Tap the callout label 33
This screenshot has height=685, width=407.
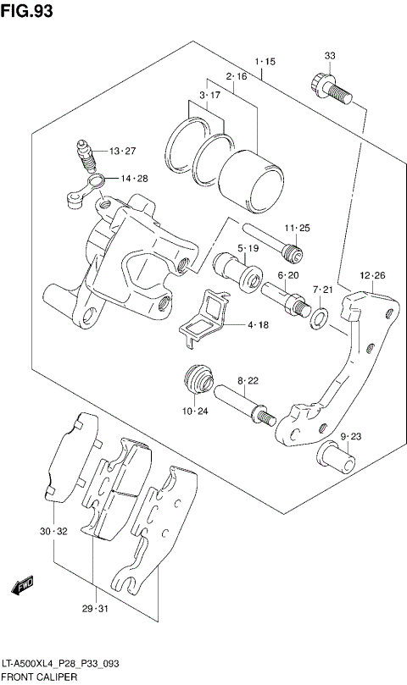[x=330, y=56]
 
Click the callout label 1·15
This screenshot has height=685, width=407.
[x=265, y=62]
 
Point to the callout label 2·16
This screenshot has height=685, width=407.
[x=236, y=77]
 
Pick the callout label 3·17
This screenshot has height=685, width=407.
[x=209, y=95]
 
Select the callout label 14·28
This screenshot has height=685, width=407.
[x=133, y=179]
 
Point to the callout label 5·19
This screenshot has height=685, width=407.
[x=247, y=248]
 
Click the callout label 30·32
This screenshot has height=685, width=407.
[x=53, y=532]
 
